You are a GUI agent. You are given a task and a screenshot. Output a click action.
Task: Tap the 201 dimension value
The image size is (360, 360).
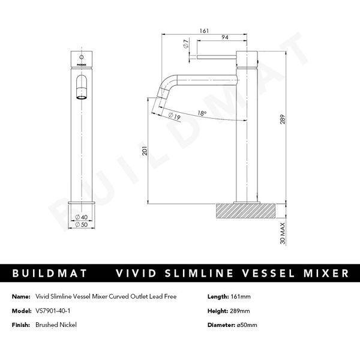pos(143,152)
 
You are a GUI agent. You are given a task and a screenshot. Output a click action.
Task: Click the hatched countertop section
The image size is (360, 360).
pos(246,212)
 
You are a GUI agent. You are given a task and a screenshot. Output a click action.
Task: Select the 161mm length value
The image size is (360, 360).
pos(241,297)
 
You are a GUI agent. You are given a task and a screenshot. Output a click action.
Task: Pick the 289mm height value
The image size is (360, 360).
pos(241,311)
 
